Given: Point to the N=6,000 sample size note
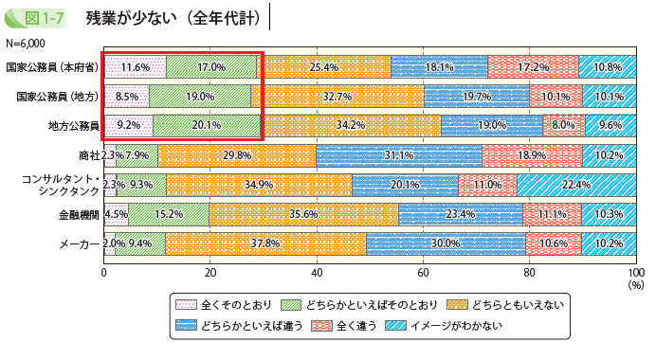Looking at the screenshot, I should [27, 44].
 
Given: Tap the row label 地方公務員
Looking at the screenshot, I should [73, 125].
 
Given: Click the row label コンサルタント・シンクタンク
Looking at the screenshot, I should [60, 184].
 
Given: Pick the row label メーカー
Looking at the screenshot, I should [79, 243].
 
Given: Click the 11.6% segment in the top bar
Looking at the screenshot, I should [136, 67].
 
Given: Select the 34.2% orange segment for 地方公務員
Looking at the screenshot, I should [351, 125].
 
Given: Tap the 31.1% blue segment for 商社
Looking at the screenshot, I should [399, 155].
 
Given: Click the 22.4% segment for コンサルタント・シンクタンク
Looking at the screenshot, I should [575, 185].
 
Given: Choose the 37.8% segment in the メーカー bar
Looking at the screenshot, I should [265, 243].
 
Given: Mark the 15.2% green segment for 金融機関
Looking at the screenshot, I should [169, 214].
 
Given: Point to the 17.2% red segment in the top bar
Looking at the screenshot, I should [533, 67].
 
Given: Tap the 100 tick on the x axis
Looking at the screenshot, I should [635, 272].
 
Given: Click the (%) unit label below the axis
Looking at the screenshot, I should [635, 283].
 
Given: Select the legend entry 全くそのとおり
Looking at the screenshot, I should [234, 305].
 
